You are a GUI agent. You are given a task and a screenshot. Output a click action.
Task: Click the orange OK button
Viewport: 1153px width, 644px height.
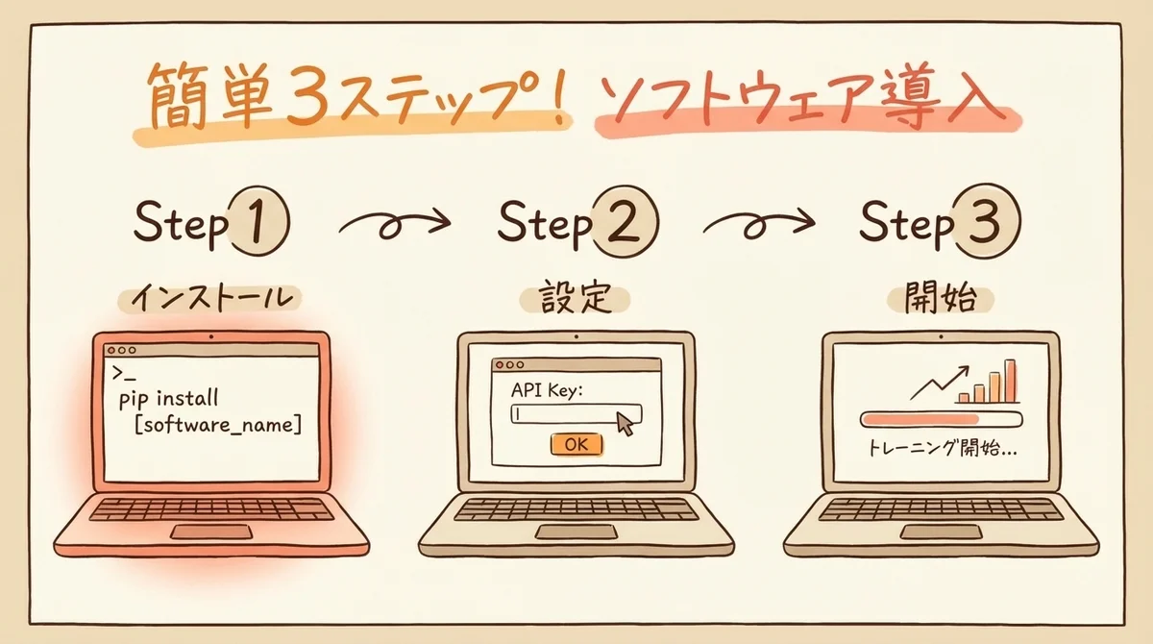point(576,444)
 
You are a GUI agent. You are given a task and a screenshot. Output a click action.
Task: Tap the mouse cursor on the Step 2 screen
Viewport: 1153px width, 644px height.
point(625,423)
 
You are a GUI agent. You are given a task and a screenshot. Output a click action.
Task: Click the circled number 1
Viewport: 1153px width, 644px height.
point(258,221)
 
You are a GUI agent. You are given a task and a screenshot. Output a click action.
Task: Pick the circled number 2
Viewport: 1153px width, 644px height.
point(624,221)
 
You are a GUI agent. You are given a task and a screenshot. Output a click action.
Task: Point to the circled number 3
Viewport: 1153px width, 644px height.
point(988,221)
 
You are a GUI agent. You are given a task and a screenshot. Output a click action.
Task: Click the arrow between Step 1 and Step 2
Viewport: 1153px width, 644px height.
point(394,225)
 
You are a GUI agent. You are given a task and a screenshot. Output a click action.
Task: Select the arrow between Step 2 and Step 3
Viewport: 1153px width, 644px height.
point(759,225)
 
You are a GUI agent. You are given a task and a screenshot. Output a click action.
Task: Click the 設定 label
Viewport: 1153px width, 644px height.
point(575,298)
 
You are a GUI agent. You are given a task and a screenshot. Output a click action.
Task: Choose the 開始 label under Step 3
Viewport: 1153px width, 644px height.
point(941,298)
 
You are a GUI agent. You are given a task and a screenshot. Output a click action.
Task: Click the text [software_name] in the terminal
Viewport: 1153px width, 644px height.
point(218,426)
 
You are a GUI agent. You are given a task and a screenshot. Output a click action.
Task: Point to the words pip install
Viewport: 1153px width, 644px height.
point(168,399)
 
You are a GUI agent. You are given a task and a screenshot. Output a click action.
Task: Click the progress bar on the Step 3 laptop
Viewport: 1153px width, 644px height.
point(942,419)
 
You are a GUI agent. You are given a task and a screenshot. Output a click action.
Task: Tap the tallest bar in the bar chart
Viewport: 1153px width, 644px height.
point(1011,381)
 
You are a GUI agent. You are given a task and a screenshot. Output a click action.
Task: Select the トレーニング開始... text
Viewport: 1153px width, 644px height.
point(943,448)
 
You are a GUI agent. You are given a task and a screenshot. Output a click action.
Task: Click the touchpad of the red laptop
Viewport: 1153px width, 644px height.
point(211,532)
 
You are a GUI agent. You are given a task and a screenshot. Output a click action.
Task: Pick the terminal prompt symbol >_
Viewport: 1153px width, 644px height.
point(124,373)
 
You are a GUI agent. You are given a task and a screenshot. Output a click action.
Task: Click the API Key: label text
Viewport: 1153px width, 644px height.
point(547,390)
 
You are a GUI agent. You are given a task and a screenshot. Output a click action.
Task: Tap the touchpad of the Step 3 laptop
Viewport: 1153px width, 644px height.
point(941,532)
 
